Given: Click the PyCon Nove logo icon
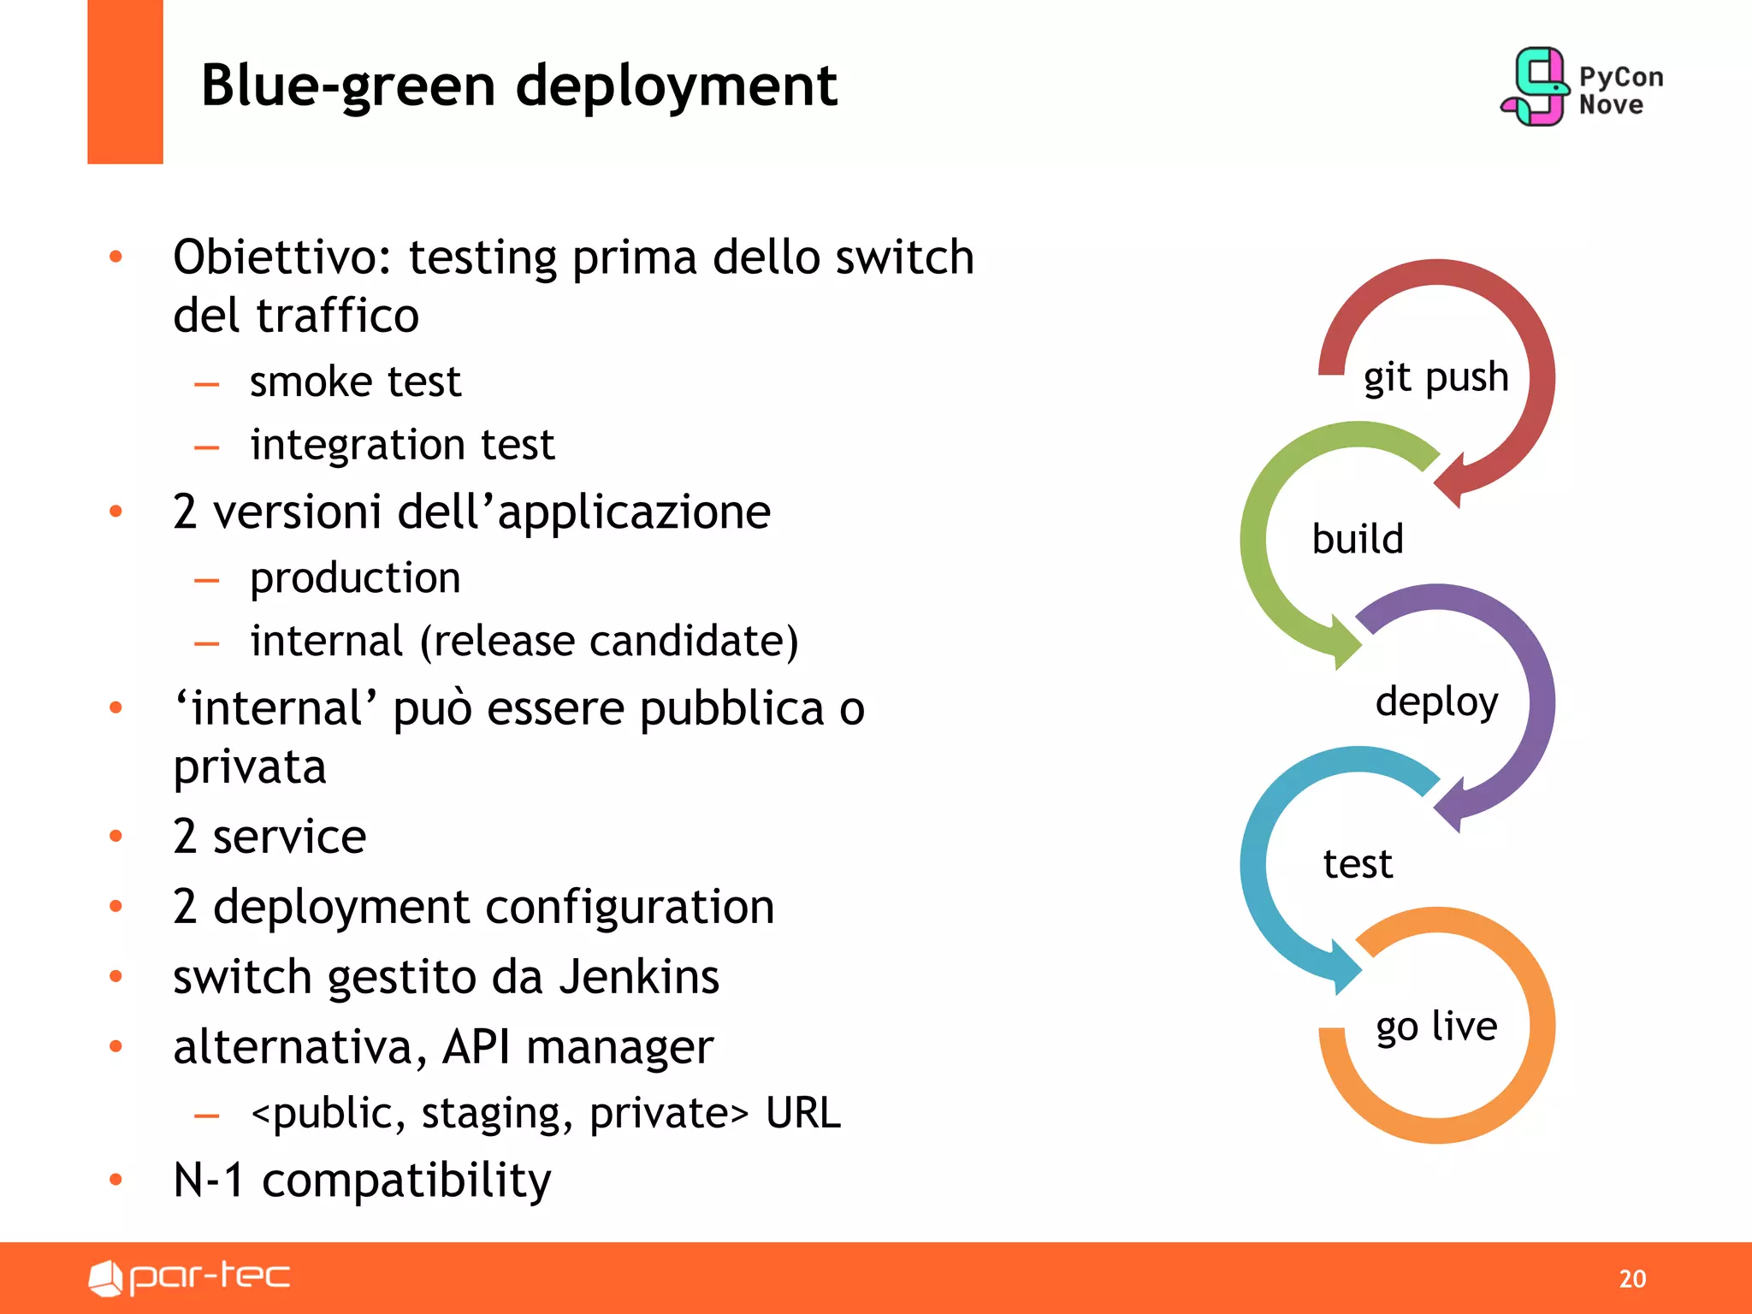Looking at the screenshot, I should (1536, 86).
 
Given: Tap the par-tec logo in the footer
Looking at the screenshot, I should (190, 1277).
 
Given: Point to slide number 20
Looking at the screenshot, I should (1631, 1278).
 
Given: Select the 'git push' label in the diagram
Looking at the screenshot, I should (1435, 377).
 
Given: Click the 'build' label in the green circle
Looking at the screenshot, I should (1358, 540).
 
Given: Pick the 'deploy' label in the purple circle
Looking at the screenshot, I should (1436, 702).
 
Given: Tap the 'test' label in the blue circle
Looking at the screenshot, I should (1358, 864).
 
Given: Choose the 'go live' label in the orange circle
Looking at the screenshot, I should (1436, 1026).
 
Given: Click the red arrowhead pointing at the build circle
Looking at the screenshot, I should (1452, 482).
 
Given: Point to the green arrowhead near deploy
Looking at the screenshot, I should (1345, 642).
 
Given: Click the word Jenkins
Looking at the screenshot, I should (639, 976).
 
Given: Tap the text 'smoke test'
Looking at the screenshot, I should (355, 381).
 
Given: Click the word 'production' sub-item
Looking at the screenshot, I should (355, 577).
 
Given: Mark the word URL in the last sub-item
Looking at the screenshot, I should (803, 1113).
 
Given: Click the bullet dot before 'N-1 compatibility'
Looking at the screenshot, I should (116, 1180).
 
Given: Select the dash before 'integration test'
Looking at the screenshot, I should (207, 447).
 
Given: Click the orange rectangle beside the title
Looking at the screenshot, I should (125, 81).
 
